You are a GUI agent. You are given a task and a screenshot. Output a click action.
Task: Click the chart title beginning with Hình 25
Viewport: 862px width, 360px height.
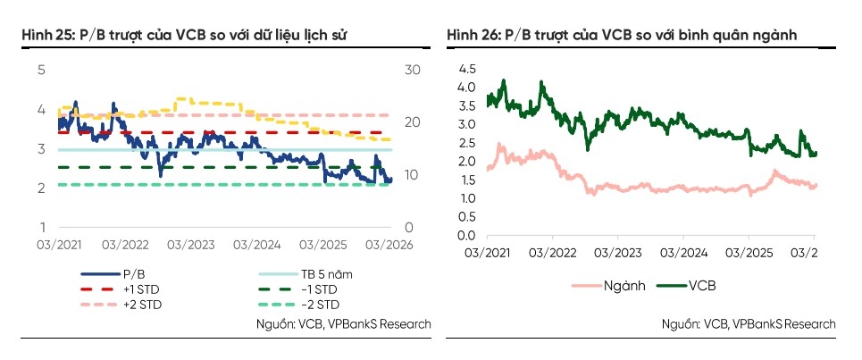click(184, 35)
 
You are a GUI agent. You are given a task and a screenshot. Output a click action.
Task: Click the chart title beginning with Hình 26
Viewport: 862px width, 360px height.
click(622, 35)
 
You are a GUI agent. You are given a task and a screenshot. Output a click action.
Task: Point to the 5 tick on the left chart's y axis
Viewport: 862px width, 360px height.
click(40, 69)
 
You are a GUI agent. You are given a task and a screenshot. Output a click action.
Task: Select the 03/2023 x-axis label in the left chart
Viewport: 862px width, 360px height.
click(188, 244)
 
